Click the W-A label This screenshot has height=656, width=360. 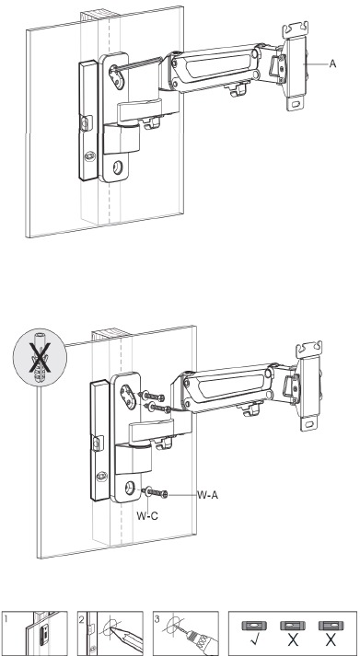click(x=208, y=495)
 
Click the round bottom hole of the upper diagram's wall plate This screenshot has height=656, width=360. click(x=118, y=168)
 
